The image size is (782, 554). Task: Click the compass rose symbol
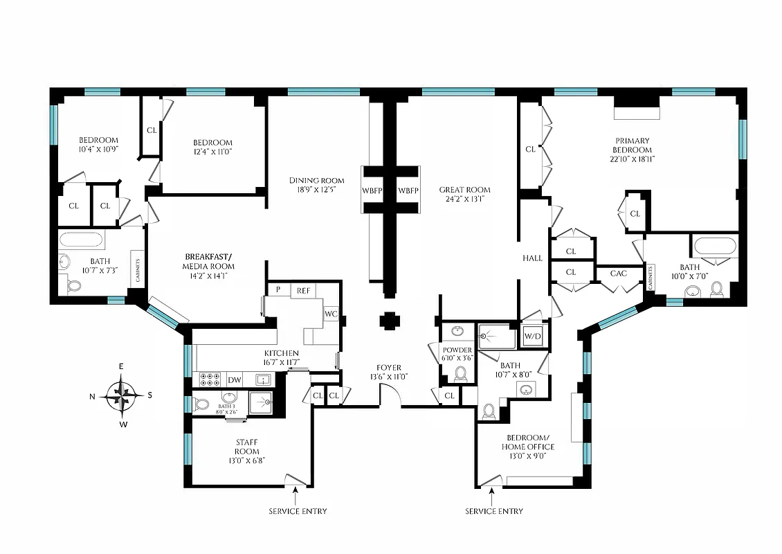pyautogui.click(x=122, y=396)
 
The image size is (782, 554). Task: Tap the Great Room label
pyautogui.click(x=464, y=190)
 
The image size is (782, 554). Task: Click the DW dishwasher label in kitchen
pyautogui.click(x=235, y=379)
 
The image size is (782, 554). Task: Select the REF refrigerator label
pyautogui.click(x=303, y=291)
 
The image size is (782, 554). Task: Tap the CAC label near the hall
pyautogui.click(x=618, y=274)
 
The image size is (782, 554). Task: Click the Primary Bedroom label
pyautogui.click(x=631, y=145)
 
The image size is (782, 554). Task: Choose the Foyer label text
pyautogui.click(x=388, y=368)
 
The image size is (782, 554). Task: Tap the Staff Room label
pyautogui.click(x=247, y=447)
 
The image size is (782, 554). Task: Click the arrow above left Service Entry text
pyautogui.click(x=296, y=494)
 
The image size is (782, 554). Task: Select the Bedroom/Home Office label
pyautogui.click(x=527, y=442)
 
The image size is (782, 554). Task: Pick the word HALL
pyautogui.click(x=533, y=258)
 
